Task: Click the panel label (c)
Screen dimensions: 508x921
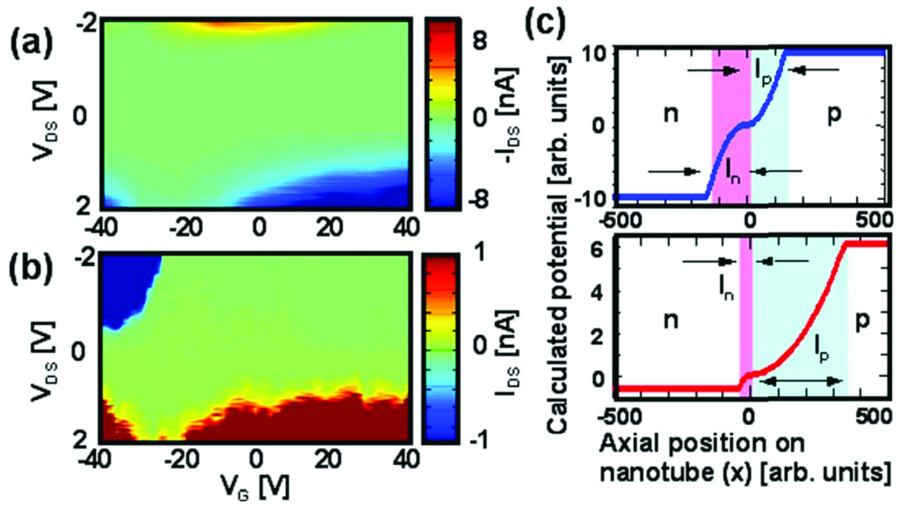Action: [x=544, y=23]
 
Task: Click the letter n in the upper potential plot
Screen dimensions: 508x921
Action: [x=671, y=114]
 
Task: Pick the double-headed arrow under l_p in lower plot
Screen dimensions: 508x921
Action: [x=799, y=381]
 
